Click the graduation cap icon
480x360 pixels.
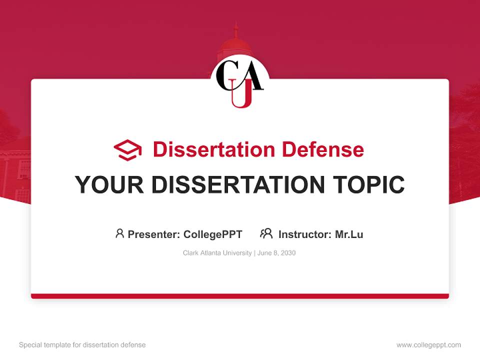(127, 150)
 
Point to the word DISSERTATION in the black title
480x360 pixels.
(237, 185)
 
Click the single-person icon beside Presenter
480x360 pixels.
(119, 233)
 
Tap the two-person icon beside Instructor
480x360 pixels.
(266, 233)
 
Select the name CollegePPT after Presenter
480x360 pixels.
(213, 234)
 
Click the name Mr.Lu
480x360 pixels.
(349, 234)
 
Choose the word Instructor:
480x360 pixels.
(305, 234)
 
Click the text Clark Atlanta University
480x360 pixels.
(217, 253)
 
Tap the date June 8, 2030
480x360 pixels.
(277, 253)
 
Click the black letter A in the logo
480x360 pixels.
(252, 76)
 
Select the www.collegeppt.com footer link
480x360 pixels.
(428, 345)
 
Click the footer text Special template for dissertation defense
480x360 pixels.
(82, 345)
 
